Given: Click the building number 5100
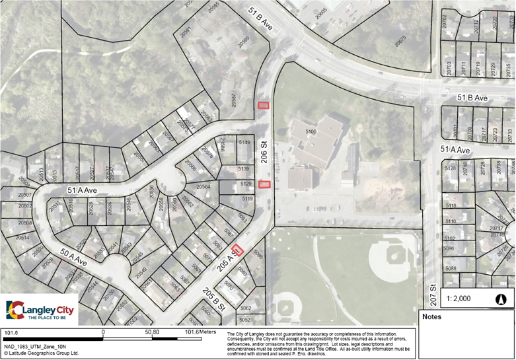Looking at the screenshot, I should (311, 132).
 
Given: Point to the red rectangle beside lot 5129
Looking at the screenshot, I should (264, 184).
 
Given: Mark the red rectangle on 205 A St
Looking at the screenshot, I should (238, 250).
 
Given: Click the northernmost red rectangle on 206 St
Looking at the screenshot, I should (264, 104).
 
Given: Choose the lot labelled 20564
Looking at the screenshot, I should (203, 188).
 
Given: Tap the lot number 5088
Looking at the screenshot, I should (451, 268).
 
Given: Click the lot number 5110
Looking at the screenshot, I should (451, 221).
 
